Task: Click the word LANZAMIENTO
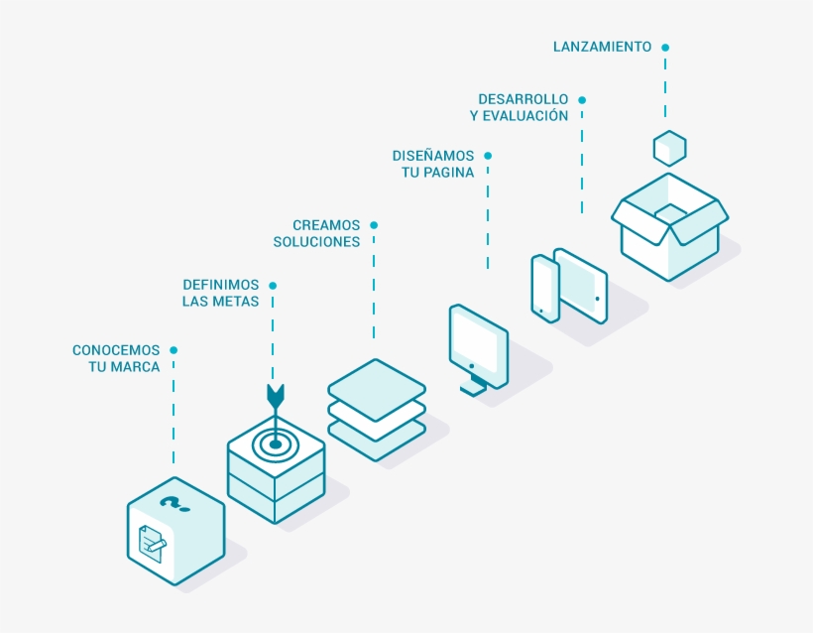click(602, 47)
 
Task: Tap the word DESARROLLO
click(523, 99)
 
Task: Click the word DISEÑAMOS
click(433, 156)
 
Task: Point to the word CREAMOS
click(326, 225)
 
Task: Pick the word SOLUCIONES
click(316, 242)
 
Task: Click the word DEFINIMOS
click(220, 285)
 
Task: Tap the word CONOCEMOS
click(116, 350)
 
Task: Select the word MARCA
click(138, 367)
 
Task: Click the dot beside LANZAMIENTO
click(665, 47)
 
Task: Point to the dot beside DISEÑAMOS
click(488, 156)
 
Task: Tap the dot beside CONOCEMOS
click(174, 350)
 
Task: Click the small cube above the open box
click(670, 148)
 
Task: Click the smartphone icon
click(545, 289)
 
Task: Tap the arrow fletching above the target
click(275, 396)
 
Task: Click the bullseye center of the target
click(275, 443)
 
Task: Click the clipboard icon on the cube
click(151, 543)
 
